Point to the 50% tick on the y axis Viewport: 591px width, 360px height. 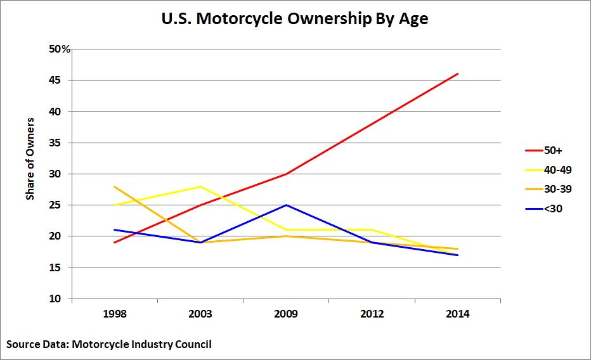60,49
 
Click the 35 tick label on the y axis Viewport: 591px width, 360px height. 57,143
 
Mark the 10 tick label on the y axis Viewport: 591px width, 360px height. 57,299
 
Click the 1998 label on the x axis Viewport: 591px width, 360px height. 115,314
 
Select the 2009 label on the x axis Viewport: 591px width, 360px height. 286,314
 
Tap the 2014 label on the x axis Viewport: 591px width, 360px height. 457,314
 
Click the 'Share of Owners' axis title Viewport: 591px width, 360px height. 30,158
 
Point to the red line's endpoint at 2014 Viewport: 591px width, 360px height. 458,74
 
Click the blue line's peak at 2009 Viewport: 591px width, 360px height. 287,205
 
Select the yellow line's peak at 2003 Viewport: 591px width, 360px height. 201,186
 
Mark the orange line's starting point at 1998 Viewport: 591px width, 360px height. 115,186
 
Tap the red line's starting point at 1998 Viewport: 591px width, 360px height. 115,243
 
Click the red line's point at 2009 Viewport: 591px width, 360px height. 287,174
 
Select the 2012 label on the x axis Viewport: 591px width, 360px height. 372,314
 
